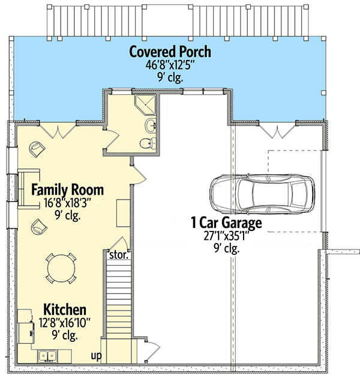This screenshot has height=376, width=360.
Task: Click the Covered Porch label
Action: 170,52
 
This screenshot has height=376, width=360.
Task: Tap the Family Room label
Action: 67,190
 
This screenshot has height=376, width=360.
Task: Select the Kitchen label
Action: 65,309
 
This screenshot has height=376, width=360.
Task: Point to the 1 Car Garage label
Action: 226,222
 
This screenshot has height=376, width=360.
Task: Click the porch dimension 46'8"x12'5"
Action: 170,65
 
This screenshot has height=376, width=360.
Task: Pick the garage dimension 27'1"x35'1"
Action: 226,236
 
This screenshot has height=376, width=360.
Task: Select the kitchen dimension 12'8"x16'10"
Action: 65,323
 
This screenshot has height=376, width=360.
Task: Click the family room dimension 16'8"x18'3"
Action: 67,203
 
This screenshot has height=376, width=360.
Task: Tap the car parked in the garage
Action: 262,194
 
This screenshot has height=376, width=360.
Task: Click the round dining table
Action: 61,268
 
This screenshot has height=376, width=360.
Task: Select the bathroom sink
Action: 151,125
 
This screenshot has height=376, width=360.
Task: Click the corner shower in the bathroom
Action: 145,104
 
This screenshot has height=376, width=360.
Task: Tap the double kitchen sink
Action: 48,356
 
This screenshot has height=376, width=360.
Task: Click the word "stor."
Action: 119,255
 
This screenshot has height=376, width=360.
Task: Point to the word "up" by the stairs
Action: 96,356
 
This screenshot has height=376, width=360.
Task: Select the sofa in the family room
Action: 28,189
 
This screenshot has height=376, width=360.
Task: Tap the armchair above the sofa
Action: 37,149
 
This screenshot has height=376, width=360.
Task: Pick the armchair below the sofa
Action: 39,227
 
